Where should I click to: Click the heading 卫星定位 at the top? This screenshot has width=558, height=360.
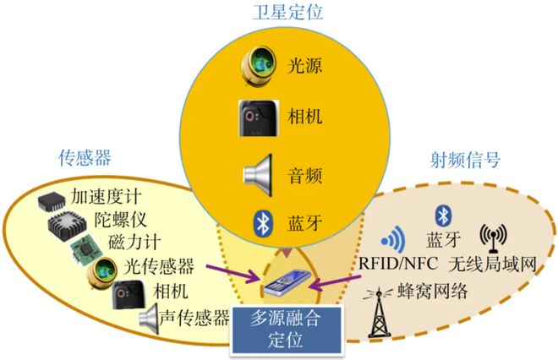click(x=287, y=13)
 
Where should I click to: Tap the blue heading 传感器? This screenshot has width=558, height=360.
click(x=85, y=157)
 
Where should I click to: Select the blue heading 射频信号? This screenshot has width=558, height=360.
click(x=465, y=160)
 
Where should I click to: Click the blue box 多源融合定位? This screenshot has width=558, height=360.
click(x=287, y=330)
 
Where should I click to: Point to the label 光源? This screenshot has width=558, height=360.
click(x=304, y=65)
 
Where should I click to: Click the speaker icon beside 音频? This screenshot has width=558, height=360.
click(x=258, y=175)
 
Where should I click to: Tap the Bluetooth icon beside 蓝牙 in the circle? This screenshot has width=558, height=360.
click(x=263, y=223)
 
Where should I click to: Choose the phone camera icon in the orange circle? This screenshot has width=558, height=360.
click(x=259, y=118)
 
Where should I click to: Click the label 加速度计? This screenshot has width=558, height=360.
click(x=106, y=196)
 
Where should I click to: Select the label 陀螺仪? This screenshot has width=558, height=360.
click(x=120, y=220)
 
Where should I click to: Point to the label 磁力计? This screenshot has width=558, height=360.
click(x=134, y=243)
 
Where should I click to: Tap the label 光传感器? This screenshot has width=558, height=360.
click(x=159, y=265)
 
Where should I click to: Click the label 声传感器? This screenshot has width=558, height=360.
click(x=194, y=318)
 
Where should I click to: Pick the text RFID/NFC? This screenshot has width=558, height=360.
click(x=398, y=264)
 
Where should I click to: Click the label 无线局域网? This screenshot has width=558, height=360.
click(x=493, y=264)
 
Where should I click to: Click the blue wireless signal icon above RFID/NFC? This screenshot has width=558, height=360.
click(x=393, y=239)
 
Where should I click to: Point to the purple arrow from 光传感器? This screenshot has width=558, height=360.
click(x=234, y=272)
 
